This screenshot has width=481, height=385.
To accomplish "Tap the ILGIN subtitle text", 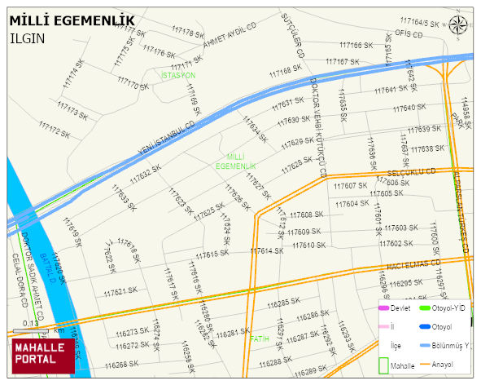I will (27, 38).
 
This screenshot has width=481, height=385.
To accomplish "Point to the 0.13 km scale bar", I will (33, 331).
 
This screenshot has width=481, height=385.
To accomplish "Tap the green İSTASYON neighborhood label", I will (178, 75).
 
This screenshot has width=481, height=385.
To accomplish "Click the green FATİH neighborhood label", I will (259, 338).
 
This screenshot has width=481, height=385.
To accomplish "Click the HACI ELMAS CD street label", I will (413, 265).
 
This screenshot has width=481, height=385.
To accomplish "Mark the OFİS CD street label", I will (404, 33).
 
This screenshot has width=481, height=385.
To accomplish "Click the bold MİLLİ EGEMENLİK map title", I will (72, 20).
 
